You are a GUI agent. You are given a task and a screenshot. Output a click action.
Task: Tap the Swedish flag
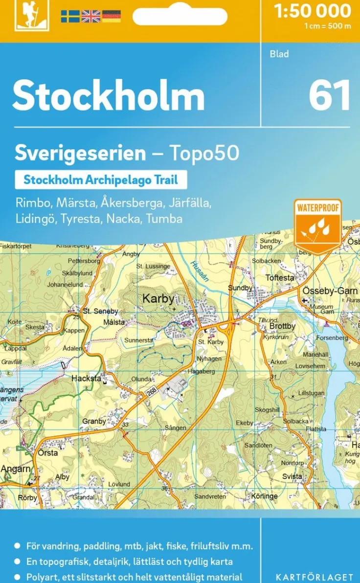coord(70,16)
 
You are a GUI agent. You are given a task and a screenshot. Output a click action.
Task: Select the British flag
coord(90,16)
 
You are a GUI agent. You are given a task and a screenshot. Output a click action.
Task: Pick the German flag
coord(112,16)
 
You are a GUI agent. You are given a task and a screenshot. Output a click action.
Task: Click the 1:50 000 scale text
coord(313,11)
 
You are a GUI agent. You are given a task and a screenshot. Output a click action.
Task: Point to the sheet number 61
coord(330,95)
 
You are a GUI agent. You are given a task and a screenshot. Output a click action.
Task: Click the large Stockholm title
coord(109,96)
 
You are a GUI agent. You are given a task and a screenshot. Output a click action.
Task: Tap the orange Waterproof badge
coord(317,225)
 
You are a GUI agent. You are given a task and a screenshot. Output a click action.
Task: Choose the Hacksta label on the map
coord(86,378)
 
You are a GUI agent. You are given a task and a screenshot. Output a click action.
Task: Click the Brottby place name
coord(283,326)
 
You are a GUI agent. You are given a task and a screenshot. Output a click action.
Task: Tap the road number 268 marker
coord(151,392)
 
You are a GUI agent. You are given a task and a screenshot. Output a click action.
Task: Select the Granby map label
coord(94,421)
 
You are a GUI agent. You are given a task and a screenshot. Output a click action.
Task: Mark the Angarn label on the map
coord(15,469)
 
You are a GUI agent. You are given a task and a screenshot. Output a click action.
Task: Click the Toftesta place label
coord(280,278)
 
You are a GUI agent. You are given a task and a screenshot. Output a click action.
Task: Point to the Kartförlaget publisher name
coord(314,577)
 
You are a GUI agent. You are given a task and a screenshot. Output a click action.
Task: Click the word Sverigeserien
coord(80,153)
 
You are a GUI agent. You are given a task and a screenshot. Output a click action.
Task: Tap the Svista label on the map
coord(292,476)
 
